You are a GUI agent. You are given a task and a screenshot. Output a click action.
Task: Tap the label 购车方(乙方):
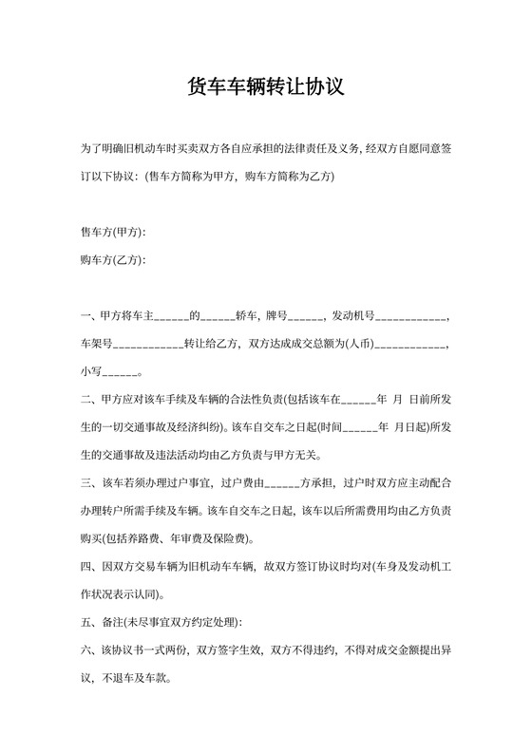tap(114, 260)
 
